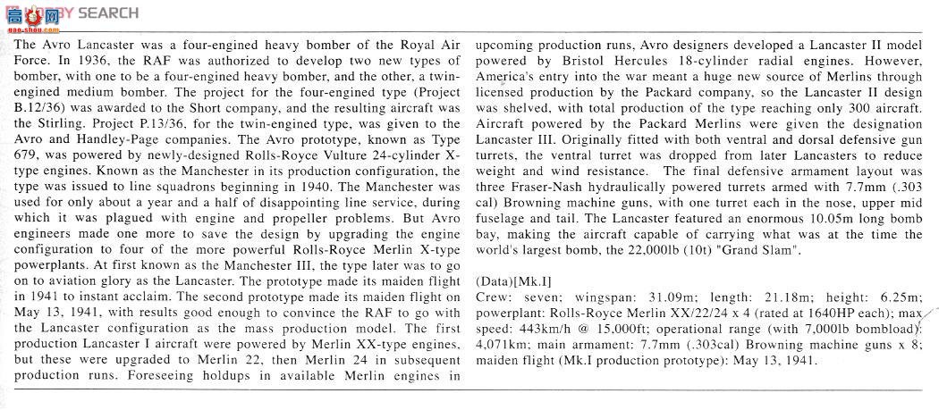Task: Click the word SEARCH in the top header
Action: pos(108,13)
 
